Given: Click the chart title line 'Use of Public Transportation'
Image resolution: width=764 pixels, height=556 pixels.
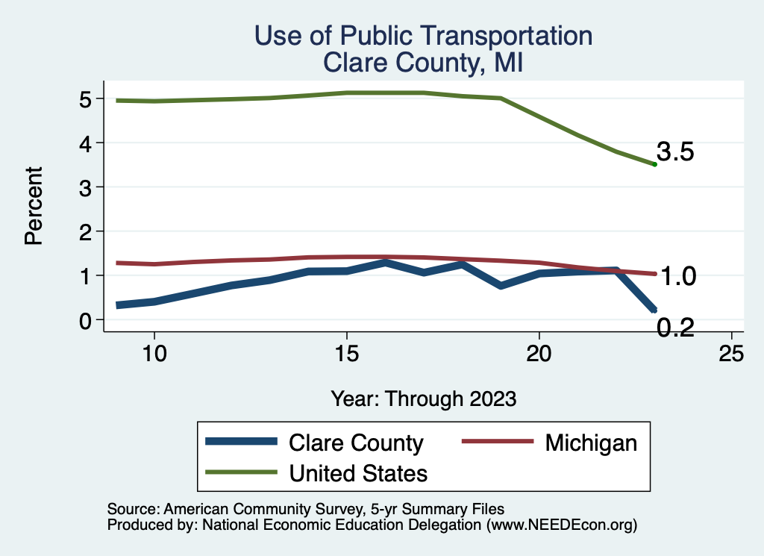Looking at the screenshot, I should [423, 36].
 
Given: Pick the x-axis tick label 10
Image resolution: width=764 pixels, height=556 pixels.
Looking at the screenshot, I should [154, 354].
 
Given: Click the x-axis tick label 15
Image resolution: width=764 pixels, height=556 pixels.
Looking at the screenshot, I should [347, 354].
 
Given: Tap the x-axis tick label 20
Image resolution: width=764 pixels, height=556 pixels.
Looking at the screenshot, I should [539, 354].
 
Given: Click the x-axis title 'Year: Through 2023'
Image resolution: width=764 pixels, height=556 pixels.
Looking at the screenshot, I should [423, 399].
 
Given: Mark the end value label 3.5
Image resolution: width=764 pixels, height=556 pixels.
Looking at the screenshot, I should [676, 153].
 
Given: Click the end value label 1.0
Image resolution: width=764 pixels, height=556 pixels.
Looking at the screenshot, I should [679, 277].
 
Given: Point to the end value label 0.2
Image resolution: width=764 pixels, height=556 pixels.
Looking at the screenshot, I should [676, 327].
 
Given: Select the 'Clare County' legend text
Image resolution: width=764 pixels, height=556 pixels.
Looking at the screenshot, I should [356, 443].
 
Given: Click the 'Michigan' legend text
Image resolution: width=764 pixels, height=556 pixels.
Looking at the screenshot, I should [591, 443].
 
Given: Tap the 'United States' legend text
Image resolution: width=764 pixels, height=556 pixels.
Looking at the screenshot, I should [358, 472].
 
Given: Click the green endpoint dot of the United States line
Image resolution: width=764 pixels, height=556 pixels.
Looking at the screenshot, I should [654, 164].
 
